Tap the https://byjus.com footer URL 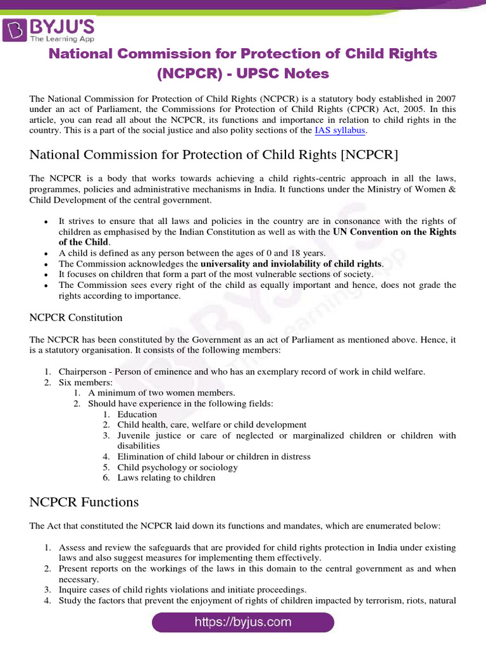point(243,622)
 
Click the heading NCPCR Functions point(84,502)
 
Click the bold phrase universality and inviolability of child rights point(291,263)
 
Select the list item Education point(137,414)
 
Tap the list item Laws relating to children point(166,478)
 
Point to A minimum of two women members point(161,393)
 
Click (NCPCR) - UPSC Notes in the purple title point(243,73)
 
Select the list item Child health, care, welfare point(211,425)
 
